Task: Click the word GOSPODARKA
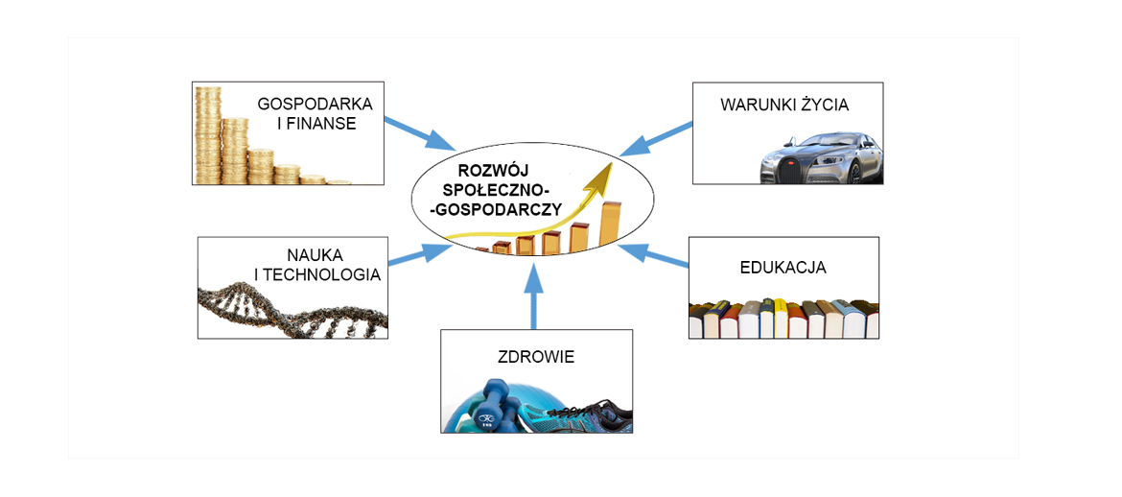click(315, 104)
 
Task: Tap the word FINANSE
click(321, 124)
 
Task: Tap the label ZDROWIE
click(536, 357)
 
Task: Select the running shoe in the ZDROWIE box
click(585, 417)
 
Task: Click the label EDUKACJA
click(783, 268)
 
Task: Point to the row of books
click(783, 319)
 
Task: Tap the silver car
click(821, 158)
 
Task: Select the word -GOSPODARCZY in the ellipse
click(497, 208)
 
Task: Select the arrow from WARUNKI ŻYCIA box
click(656, 138)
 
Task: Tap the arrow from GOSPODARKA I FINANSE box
click(419, 133)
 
